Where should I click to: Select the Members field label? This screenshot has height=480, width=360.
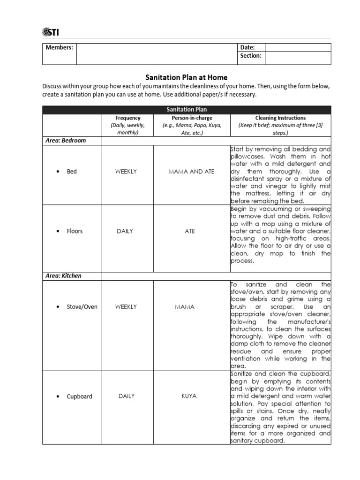point(59,47)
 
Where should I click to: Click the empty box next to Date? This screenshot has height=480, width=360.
point(298,47)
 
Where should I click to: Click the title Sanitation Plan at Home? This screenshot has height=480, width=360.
point(187,77)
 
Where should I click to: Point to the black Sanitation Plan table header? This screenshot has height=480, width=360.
point(187,110)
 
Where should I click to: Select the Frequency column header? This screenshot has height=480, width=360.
point(127,118)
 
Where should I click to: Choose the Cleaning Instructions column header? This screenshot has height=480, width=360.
point(280,118)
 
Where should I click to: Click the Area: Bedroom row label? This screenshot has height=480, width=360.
point(66,140)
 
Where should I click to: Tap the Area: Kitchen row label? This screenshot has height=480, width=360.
point(63,276)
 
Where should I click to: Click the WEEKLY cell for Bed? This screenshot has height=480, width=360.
point(126,172)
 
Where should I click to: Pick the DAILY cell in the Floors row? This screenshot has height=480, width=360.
point(126,231)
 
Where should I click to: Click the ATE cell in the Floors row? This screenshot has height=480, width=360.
point(190,231)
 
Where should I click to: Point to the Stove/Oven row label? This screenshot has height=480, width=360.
point(82,307)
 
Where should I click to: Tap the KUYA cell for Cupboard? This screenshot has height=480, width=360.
point(189,396)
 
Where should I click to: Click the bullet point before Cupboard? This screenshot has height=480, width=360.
point(57,397)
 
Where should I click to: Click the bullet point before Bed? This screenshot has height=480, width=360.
point(57,172)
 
